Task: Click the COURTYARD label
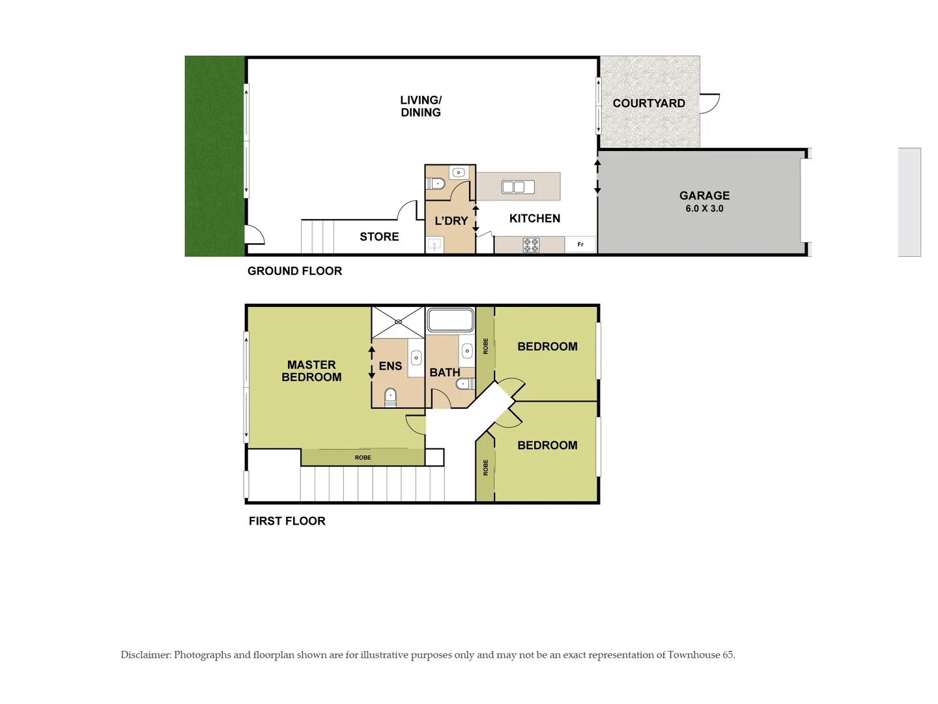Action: pos(649,103)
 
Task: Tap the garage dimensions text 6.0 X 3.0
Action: pos(704,209)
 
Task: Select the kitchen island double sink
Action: pos(518,187)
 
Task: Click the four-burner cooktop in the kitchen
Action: pos(531,245)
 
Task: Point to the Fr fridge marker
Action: pos(580,244)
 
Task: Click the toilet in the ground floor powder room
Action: pos(438,183)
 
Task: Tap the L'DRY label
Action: pos(451,221)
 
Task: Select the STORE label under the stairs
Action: pos(379,237)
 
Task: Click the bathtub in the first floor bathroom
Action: pos(450,321)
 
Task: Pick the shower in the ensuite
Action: pos(397,321)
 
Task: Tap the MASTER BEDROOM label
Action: pos(311,371)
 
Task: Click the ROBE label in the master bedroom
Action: pos(363,458)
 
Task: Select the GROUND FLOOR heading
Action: pos(294,271)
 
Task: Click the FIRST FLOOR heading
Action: pos(287,521)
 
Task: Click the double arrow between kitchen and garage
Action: pos(597,177)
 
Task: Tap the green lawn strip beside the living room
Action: pos(214,156)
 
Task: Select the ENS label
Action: pos(390,366)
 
